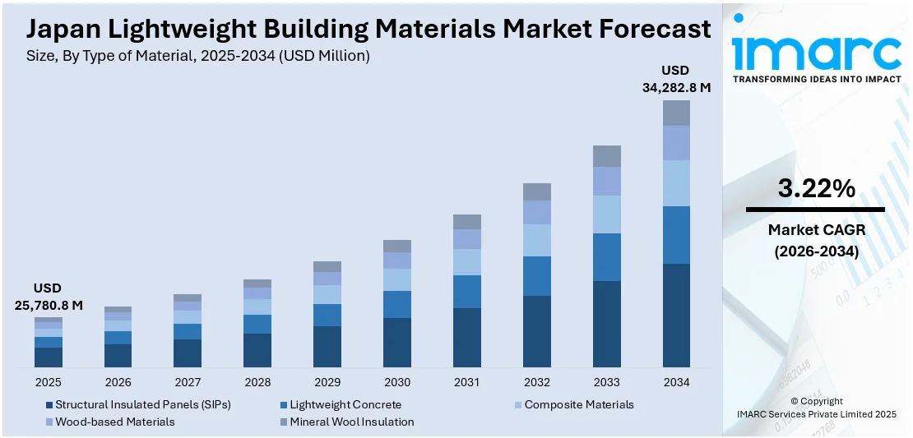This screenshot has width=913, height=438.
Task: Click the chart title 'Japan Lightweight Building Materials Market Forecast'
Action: (x=368, y=29)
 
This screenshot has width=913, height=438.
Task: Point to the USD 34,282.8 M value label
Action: (x=676, y=78)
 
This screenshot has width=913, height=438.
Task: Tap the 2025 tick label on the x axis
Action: (x=49, y=382)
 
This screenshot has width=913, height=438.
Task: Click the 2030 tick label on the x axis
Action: (x=397, y=382)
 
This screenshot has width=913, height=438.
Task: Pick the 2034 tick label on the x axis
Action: (x=676, y=382)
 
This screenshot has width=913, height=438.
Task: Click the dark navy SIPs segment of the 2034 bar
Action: (x=676, y=316)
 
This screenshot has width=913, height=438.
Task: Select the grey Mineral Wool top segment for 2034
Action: (x=676, y=113)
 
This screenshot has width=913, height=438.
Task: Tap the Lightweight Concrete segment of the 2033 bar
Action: (x=607, y=257)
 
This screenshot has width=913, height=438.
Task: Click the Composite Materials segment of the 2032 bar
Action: (x=537, y=240)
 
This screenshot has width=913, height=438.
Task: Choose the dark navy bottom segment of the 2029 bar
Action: (x=327, y=347)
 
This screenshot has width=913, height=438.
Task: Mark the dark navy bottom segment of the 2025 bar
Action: (x=49, y=357)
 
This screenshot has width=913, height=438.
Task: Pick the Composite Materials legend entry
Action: (x=578, y=404)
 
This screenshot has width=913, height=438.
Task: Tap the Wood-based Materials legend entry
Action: (x=114, y=422)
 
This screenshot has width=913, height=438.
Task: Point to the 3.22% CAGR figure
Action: (x=816, y=189)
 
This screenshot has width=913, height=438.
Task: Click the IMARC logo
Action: (x=816, y=53)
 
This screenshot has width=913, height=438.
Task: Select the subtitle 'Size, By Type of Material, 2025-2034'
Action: (x=197, y=56)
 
